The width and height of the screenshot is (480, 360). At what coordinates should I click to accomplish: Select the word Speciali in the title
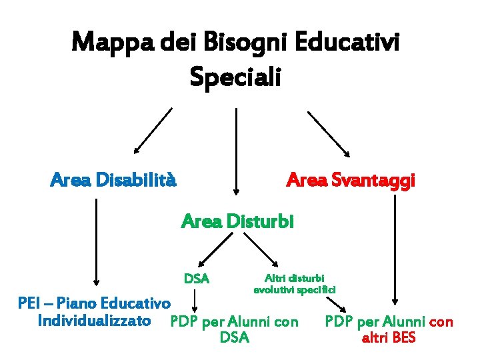coord(236,77)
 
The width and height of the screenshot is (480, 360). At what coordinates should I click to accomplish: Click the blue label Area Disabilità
coord(114,180)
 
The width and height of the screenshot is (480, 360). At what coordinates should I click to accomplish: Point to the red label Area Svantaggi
coord(351,180)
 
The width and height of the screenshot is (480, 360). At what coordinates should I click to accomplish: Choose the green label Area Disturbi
coord(237,221)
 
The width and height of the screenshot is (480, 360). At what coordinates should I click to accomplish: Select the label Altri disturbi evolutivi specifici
coord(295,283)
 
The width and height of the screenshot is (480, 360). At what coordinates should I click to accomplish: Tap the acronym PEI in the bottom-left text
coord(30,304)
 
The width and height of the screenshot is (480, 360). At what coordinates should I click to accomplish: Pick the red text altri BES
coord(388,338)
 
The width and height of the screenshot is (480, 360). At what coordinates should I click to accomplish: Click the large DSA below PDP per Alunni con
coord(235,338)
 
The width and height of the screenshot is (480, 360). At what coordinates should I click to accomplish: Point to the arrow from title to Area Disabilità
coord(153,130)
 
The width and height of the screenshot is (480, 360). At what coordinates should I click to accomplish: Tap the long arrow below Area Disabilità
coord(97,240)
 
